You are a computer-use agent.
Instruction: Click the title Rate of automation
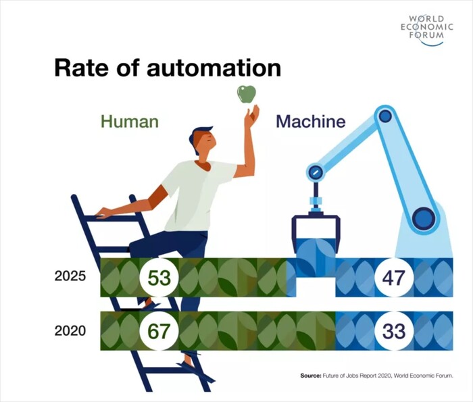[167, 68]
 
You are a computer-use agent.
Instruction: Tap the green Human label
[130, 122]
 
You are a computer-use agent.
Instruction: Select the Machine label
[311, 122]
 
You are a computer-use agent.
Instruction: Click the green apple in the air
[246, 94]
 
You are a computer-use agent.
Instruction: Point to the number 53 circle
[159, 277]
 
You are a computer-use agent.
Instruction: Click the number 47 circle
[395, 277]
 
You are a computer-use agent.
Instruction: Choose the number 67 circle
[159, 331]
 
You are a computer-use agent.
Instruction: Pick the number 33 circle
[395, 331]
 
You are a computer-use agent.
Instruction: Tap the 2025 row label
[70, 277]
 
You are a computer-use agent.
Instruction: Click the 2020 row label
[70, 331]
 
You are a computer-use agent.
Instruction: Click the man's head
[203, 141]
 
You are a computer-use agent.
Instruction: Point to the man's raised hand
[251, 116]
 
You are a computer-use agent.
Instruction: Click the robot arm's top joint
[385, 116]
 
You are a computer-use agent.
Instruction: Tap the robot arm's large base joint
[424, 218]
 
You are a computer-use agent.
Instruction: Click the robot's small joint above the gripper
[315, 172]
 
